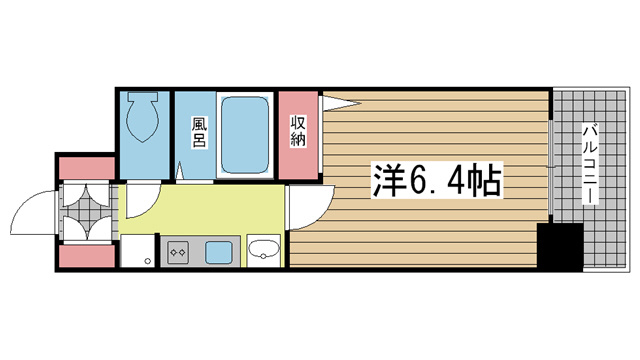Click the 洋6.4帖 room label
436,180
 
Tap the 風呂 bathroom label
199,132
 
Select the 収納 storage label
298,131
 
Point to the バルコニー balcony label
590,164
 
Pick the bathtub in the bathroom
245,135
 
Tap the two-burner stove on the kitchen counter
178,252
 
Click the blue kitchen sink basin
219,252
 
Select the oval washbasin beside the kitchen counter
264,249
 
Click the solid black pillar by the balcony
560,247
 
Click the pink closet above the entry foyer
87,168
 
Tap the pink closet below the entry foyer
87,256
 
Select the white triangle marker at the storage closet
338,103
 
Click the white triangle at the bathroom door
180,171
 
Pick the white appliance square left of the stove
138,251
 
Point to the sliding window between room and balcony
551,167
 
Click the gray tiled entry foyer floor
87,212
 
